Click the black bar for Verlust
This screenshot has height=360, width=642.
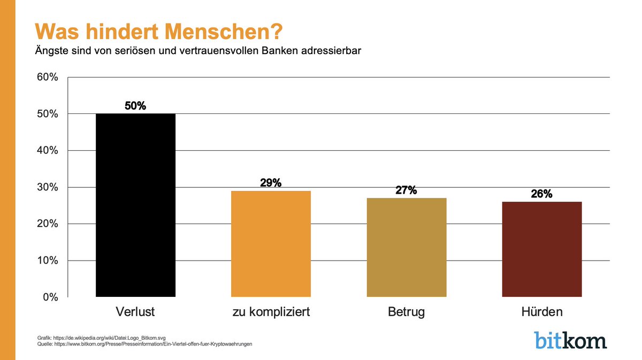click(135, 205)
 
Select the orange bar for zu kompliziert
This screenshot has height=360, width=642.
click(271, 244)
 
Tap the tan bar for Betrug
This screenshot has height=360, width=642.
click(406, 247)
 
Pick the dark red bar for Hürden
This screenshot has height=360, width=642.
click(541, 249)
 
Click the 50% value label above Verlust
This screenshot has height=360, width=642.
click(135, 106)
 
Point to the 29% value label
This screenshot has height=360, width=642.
click(271, 183)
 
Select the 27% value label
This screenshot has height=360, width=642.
click(406, 190)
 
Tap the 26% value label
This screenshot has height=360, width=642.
click(541, 194)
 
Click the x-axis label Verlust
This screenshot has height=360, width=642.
click(135, 312)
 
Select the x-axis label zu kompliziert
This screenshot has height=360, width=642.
click(271, 312)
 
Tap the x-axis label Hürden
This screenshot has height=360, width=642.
click(541, 312)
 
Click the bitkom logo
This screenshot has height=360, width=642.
click(570, 340)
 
